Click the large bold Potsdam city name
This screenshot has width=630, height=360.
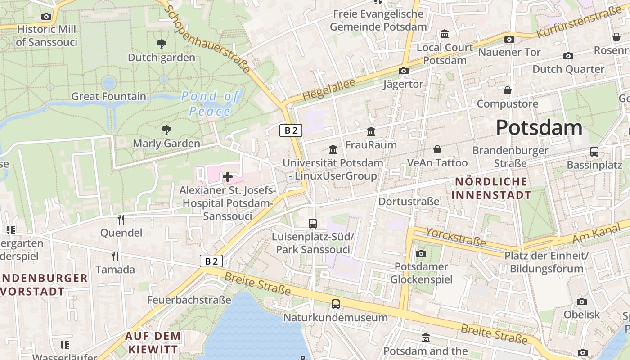click(x=539, y=128)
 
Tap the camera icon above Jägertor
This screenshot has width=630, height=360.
click(x=403, y=71)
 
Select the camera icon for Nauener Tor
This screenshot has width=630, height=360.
click(x=509, y=39)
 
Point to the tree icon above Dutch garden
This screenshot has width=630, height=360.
click(x=161, y=44)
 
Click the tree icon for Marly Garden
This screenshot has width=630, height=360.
click(x=166, y=130)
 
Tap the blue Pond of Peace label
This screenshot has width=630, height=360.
click(x=210, y=103)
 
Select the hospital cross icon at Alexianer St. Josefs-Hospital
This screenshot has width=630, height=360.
click(x=228, y=177)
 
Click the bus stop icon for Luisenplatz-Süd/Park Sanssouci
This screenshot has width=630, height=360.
click(x=312, y=223)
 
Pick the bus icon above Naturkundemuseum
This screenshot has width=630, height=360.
click(x=336, y=304)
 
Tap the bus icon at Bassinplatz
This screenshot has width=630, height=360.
click(x=594, y=152)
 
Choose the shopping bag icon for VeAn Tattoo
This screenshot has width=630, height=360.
click(x=437, y=149)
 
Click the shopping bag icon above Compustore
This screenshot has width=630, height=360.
click(x=508, y=90)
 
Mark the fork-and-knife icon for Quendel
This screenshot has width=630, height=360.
click(x=121, y=219)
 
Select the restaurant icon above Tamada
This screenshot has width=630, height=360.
click(x=115, y=256)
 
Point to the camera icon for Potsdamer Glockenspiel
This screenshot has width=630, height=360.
click(x=421, y=253)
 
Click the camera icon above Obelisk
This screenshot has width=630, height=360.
click(x=582, y=301)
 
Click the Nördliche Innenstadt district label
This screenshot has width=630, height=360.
click(x=491, y=189)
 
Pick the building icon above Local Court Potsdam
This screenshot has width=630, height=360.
click(x=445, y=34)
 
